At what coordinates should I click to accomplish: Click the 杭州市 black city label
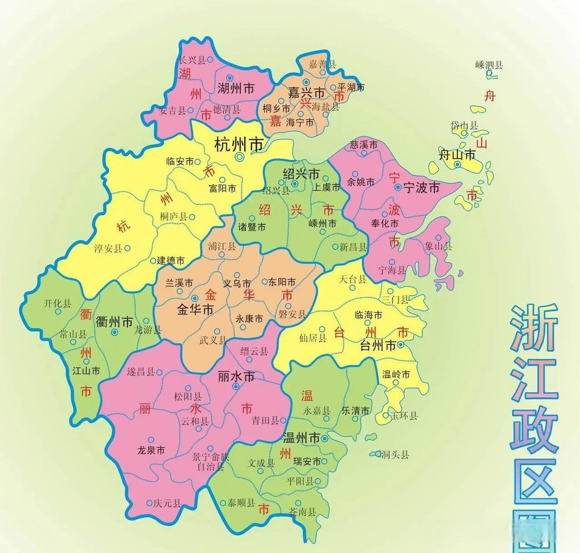click(x=239, y=145)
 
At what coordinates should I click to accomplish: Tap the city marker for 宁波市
click(x=398, y=188)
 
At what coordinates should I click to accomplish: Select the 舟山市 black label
click(x=457, y=155)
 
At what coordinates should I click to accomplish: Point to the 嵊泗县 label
click(x=489, y=65)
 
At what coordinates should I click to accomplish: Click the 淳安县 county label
click(x=108, y=249)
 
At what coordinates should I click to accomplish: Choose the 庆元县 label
click(x=167, y=504)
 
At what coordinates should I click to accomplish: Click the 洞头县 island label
click(x=395, y=454)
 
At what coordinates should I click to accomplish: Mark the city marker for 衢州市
click(x=114, y=332)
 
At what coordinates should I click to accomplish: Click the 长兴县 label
click(x=192, y=60)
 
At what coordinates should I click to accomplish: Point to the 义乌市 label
click(x=236, y=284)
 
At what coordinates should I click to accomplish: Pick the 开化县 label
click(x=57, y=304)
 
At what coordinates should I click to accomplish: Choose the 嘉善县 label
click(x=322, y=64)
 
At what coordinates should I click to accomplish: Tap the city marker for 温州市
click(x=325, y=438)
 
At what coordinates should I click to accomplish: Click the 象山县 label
click(x=438, y=246)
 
